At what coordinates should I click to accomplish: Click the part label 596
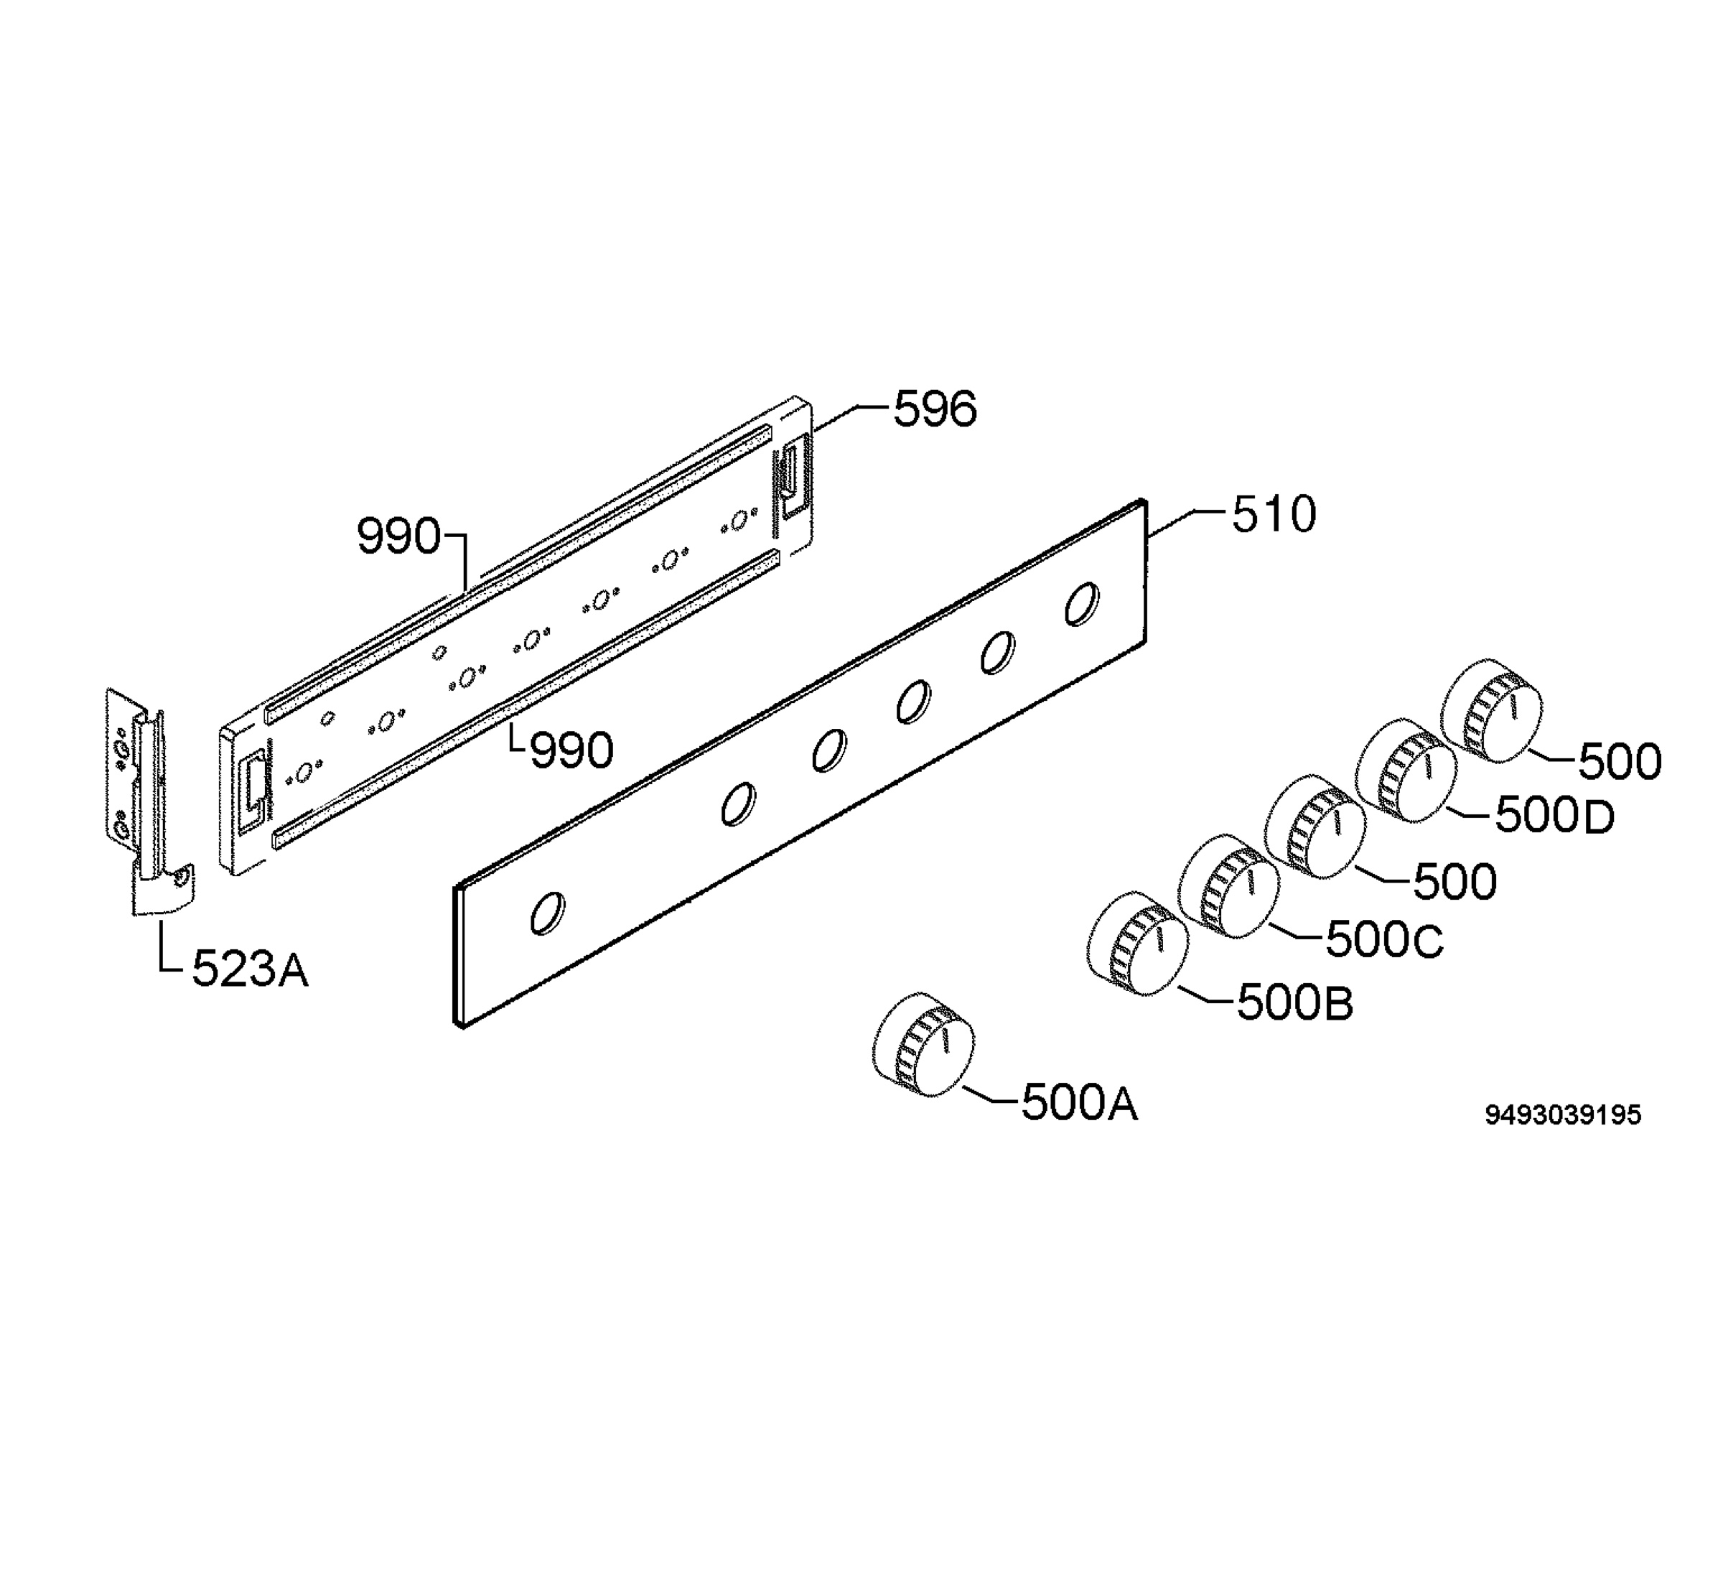click(935, 409)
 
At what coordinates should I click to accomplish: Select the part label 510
click(1274, 514)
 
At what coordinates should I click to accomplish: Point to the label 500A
click(1080, 1103)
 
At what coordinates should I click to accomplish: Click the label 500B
click(1295, 1002)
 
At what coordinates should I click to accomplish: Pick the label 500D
click(1554, 815)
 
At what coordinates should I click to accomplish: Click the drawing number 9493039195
click(1563, 1114)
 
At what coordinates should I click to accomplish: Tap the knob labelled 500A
click(923, 1044)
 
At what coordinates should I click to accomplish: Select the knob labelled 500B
click(1137, 944)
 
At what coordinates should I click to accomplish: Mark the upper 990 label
click(398, 536)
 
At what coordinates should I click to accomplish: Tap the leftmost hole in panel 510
click(547, 913)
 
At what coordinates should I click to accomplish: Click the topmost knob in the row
click(1491, 712)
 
